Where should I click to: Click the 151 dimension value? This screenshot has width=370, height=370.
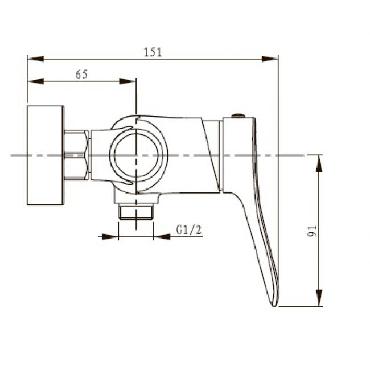click(x=153, y=52)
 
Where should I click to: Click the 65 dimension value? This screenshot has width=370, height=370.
click(x=81, y=75)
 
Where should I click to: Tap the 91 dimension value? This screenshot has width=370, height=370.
click(x=312, y=231)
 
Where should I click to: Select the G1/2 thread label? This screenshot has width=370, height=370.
click(x=189, y=229)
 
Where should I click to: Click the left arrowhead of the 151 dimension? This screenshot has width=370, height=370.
click(x=36, y=59)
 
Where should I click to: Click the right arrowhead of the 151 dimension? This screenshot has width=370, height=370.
click(x=270, y=59)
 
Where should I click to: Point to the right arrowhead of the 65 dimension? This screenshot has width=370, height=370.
click(x=128, y=81)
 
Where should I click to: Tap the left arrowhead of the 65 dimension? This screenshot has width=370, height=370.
click(x=36, y=81)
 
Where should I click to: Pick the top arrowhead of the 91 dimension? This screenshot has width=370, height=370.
click(x=319, y=163)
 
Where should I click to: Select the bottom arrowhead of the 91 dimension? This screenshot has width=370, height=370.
click(x=319, y=298)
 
